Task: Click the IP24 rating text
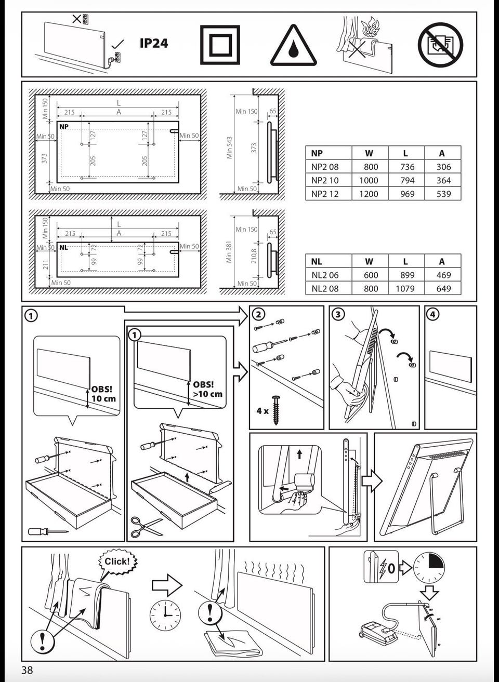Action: point(153,44)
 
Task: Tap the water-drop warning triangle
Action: point(293,47)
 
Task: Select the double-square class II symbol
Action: point(220,45)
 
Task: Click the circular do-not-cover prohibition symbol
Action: point(440,45)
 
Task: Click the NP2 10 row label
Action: point(325,180)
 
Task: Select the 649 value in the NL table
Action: point(443,288)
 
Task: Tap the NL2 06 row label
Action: point(325,275)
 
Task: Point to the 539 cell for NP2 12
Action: point(443,194)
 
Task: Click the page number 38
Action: point(27,670)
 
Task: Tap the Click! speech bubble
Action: point(117,561)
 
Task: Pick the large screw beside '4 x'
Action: point(275,410)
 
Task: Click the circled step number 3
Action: point(338,314)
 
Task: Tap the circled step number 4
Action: point(432,314)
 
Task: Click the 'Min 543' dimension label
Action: point(229,148)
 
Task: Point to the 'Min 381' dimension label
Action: point(229,252)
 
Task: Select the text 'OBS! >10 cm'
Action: point(207,389)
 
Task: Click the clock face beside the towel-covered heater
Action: point(165,616)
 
